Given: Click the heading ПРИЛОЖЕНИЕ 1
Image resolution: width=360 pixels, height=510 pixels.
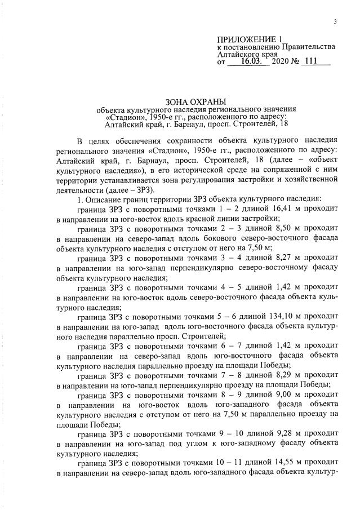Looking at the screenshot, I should pos(248,39).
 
